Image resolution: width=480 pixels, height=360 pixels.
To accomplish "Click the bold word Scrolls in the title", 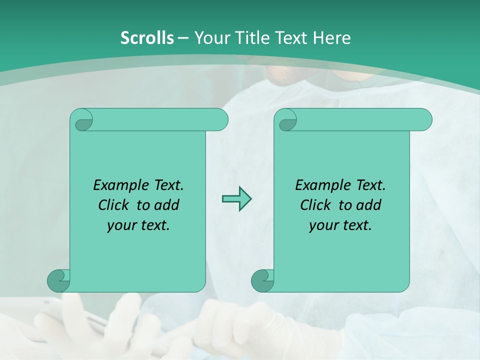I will [x=147, y=37].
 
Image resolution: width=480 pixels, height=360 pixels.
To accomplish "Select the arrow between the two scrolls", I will [x=236, y=199].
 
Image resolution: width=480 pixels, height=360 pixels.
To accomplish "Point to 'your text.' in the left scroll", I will [x=138, y=225].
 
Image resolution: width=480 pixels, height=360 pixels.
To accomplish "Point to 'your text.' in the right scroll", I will [x=340, y=225].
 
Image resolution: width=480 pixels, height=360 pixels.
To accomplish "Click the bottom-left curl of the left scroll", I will [x=59, y=280].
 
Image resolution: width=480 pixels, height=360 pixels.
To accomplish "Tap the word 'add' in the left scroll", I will [x=167, y=205].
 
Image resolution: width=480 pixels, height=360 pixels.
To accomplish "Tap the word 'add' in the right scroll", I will [x=369, y=205].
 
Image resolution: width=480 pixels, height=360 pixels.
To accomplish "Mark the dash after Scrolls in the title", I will [x=183, y=38].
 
